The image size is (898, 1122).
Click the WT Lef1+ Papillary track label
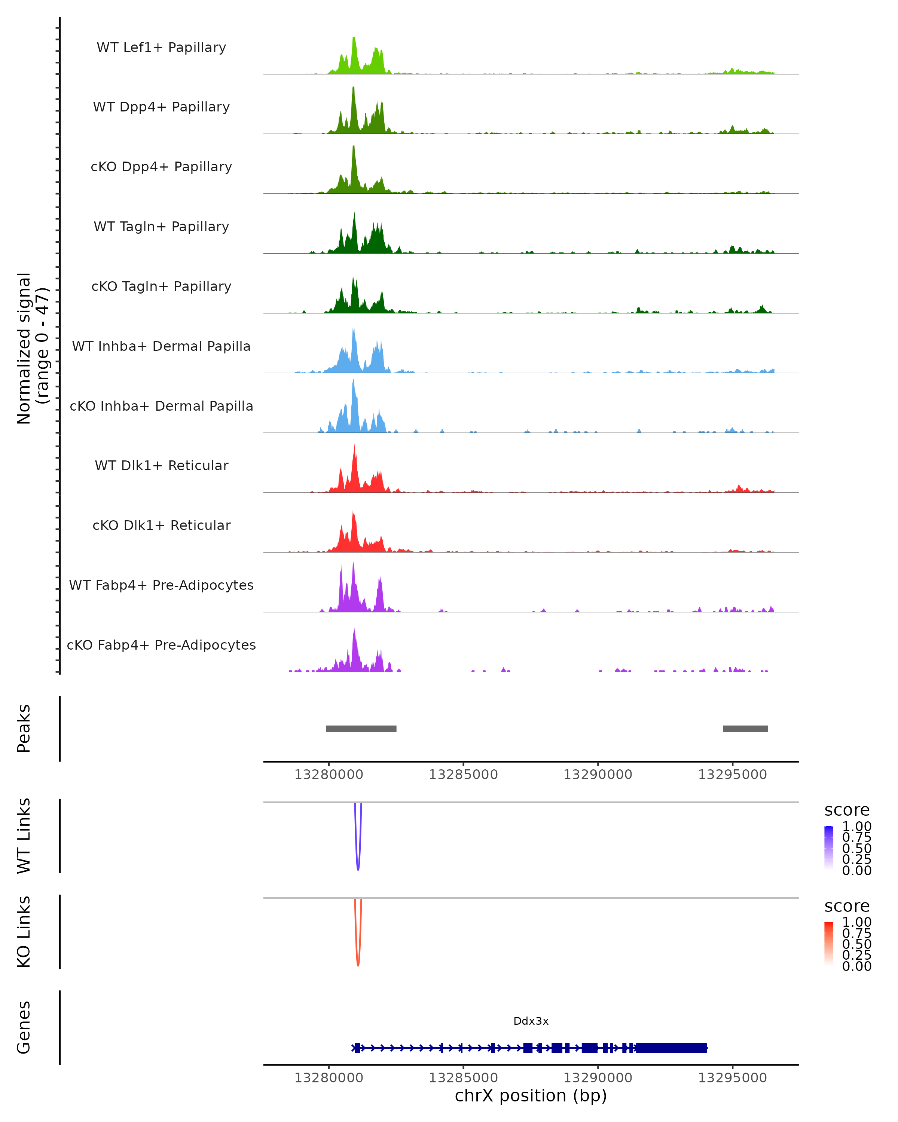pos(161,47)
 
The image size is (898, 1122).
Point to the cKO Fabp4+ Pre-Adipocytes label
pos(161,645)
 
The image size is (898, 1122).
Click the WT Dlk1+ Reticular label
pos(161,465)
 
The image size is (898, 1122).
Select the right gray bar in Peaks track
pos(745,729)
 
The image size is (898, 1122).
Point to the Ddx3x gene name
pos(531,1021)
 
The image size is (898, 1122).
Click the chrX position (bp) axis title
pos(531,1095)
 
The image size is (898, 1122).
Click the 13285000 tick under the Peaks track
pos(463,775)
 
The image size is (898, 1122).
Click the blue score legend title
pos(846,810)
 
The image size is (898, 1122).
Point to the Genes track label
pos(24,1027)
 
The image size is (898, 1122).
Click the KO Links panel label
pos(24,932)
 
